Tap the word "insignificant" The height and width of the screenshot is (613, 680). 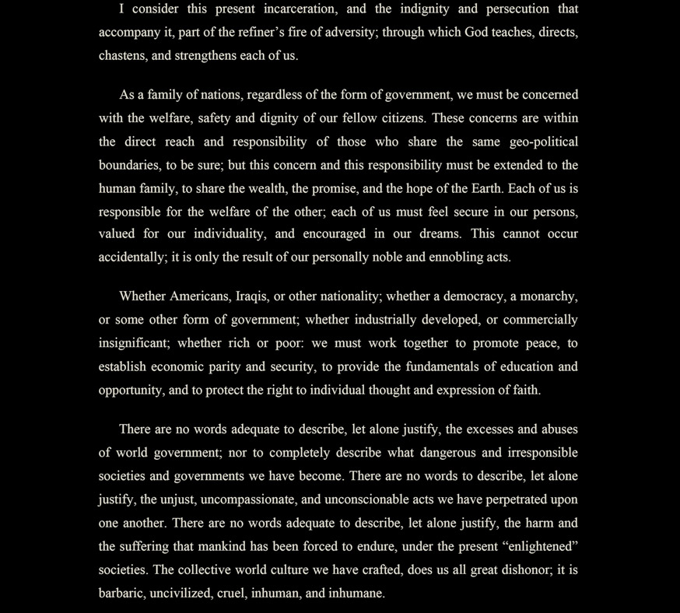133,343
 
